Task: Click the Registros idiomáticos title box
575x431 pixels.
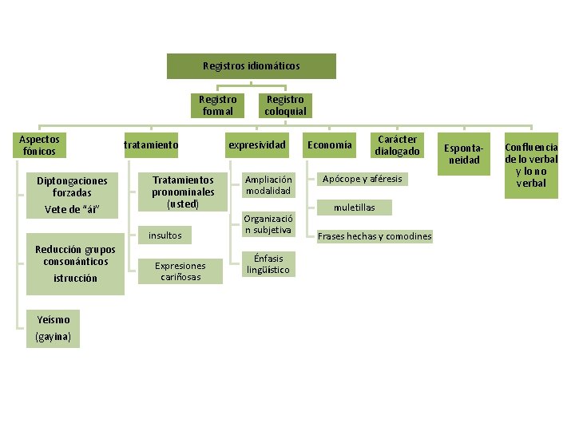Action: (251, 65)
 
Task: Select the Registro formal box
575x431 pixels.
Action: (217, 105)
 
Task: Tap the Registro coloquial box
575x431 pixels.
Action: (285, 105)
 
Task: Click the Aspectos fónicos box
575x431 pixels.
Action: (39, 145)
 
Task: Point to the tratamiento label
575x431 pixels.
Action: (150, 145)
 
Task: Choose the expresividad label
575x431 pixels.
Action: (256, 145)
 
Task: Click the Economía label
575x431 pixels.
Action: (328, 145)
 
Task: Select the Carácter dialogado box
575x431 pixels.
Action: (397, 145)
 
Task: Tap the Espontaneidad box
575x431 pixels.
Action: (463, 154)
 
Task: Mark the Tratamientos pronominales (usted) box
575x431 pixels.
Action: (183, 192)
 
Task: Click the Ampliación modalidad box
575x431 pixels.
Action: (268, 184)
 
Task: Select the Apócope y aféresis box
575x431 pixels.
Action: (362, 178)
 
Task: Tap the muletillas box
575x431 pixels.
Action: (354, 208)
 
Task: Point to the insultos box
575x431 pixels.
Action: (165, 235)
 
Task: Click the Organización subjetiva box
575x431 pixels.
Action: (268, 224)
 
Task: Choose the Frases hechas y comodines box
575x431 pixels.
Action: (375, 236)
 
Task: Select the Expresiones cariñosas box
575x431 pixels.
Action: (180, 271)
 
